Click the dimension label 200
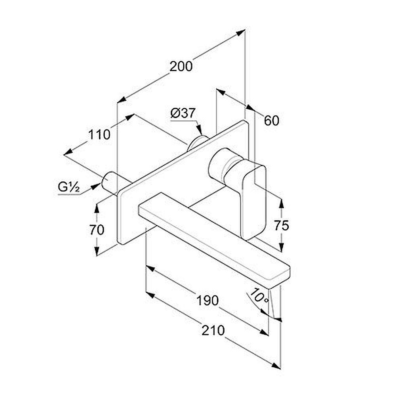pos(181,67)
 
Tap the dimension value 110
pos(99,135)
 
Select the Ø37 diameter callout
pos(183,113)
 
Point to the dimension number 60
pos(272,120)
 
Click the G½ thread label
pos(69,187)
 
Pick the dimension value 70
pos(97,230)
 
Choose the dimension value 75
pos(281,226)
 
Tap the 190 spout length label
pos(208,301)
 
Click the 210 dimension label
pos(213,330)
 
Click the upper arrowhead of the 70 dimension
pos(97,208)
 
